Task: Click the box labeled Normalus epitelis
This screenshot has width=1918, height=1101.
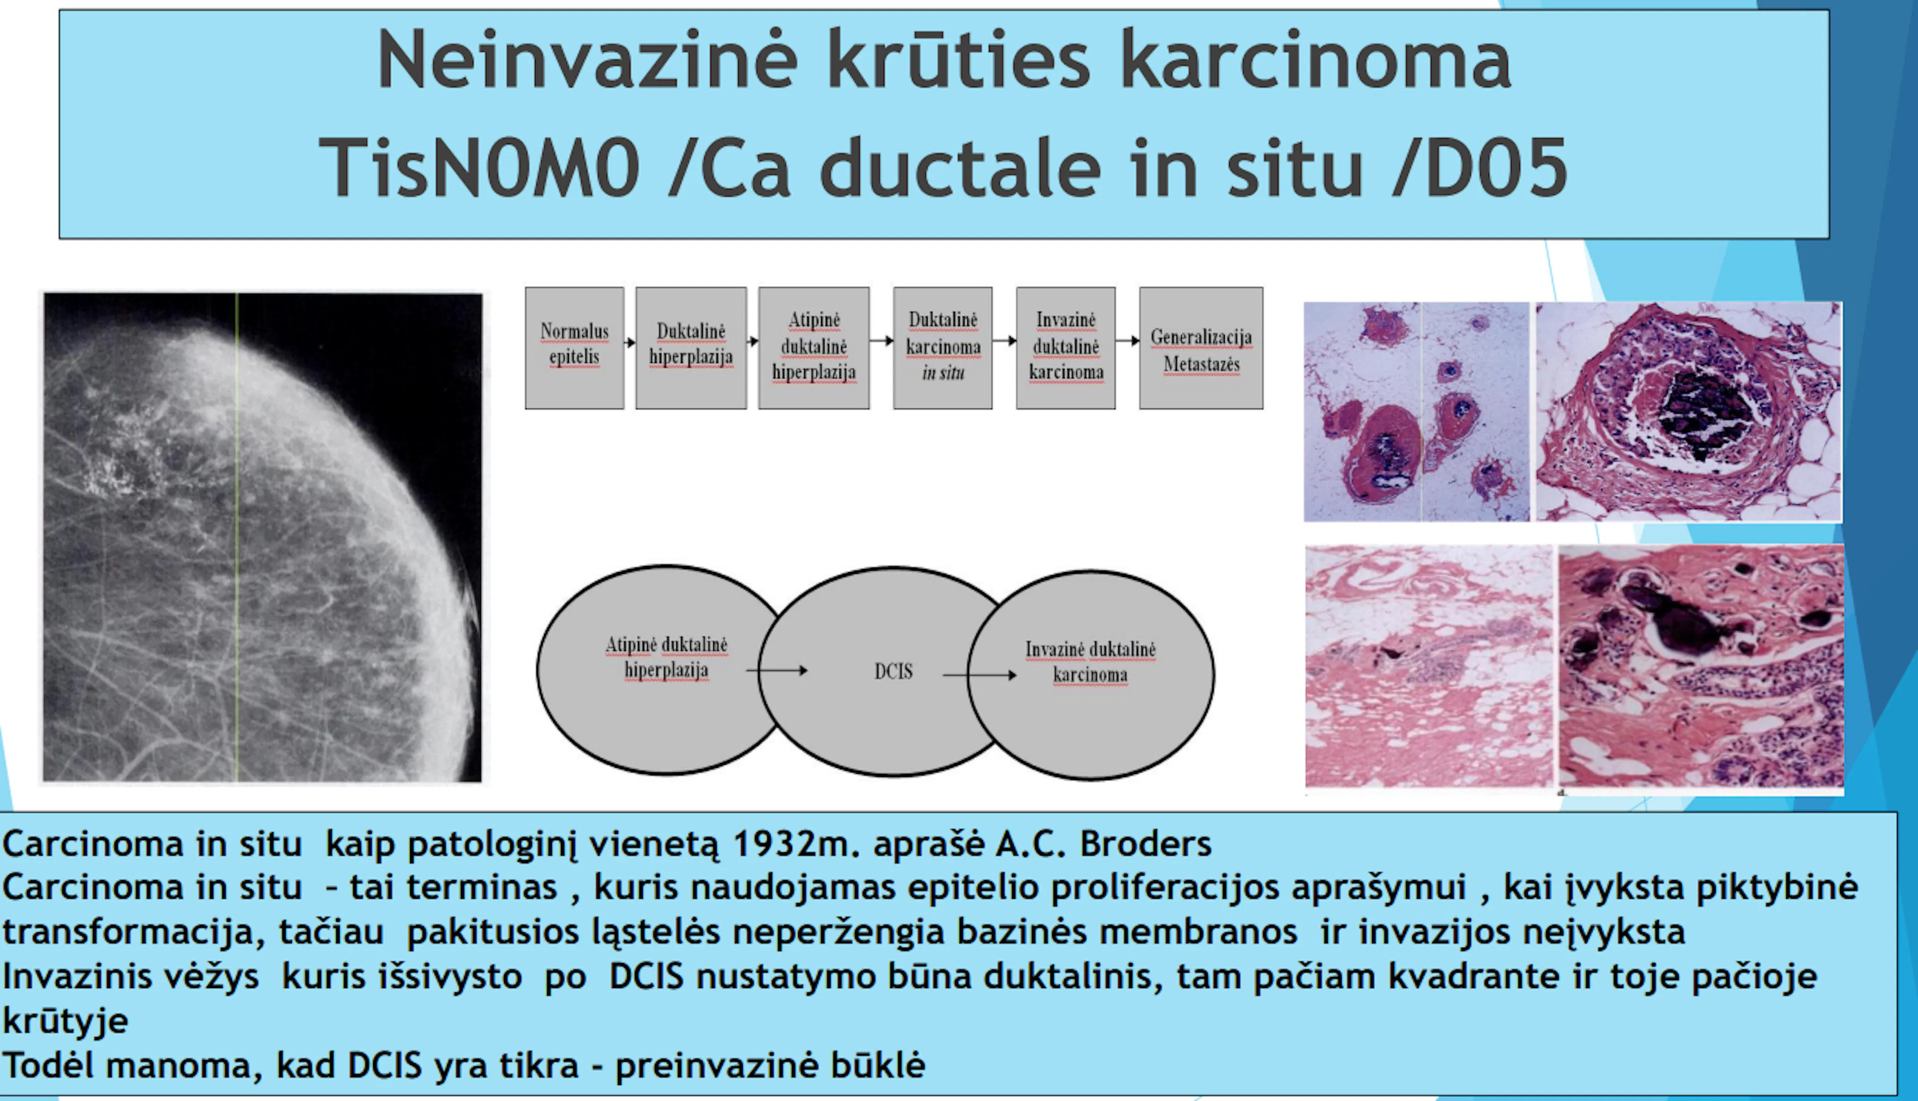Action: (x=574, y=348)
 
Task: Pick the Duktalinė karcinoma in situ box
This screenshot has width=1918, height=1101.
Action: (x=943, y=348)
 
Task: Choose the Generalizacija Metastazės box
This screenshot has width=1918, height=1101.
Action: (x=1201, y=348)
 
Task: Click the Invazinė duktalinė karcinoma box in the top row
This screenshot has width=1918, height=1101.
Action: (x=1066, y=348)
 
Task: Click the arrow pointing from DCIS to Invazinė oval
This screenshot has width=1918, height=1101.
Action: (x=980, y=674)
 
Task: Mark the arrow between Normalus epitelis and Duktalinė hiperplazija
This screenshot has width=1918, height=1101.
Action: (x=630, y=343)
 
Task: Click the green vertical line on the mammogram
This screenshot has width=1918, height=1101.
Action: (x=237, y=537)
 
